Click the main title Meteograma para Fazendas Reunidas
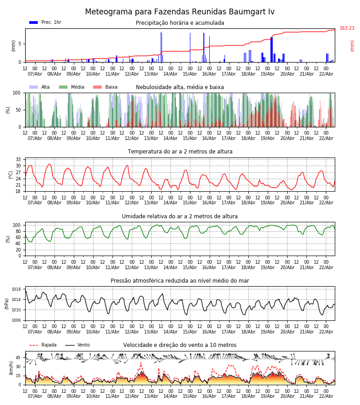point(180,12)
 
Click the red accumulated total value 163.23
point(347,28)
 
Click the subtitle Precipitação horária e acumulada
point(180,23)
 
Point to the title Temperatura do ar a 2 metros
point(180,152)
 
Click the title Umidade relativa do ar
point(180,216)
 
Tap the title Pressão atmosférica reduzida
point(180,281)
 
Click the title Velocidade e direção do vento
point(180,345)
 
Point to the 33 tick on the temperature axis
point(18,160)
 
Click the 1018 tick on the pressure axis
point(16,289)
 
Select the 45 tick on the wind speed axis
point(18,358)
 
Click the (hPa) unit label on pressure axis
point(7,303)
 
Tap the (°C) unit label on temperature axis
point(11,174)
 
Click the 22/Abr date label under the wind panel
point(326,396)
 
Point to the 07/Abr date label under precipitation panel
point(35,74)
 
